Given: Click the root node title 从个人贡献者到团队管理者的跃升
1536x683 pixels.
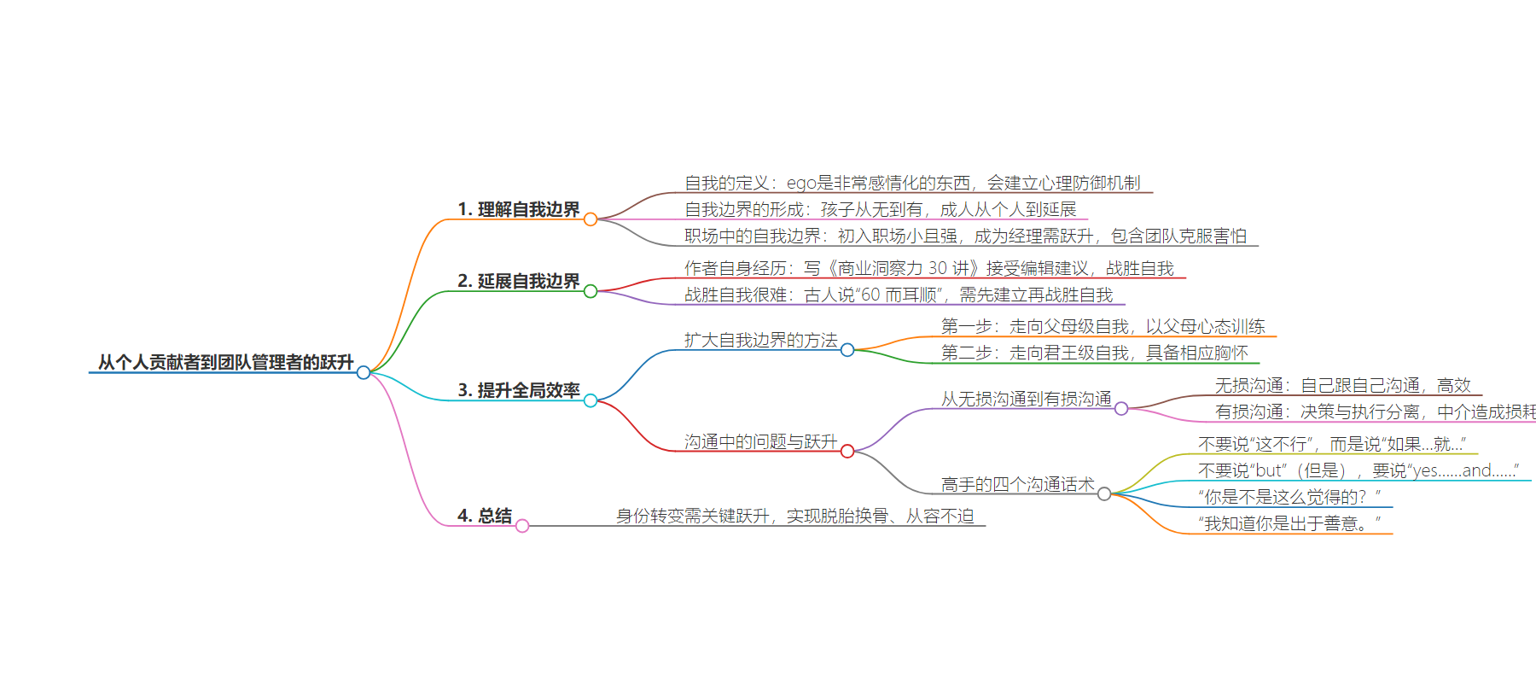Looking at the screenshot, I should click(225, 362).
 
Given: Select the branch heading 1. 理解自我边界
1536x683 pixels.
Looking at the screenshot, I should click(518, 209).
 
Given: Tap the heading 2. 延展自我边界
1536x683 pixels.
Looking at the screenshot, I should click(518, 281).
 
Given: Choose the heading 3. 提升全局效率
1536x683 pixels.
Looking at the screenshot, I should click(518, 390).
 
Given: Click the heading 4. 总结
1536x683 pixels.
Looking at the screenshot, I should click(484, 516).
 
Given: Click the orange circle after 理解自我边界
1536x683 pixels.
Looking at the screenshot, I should click(591, 219).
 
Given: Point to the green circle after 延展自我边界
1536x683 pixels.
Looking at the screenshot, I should click(591, 291).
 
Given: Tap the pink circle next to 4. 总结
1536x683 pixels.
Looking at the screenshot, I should click(522, 526).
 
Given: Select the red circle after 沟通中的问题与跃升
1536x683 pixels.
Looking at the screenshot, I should click(847, 452).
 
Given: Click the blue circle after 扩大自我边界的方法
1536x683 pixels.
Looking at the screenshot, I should click(847, 350).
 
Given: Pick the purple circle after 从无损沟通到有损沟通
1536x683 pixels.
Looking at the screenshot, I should click(1121, 409).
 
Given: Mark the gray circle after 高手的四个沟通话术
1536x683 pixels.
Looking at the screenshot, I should click(1104, 494).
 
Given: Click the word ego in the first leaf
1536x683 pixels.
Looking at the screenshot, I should click(801, 183).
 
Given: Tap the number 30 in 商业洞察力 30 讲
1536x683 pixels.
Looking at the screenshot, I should click(937, 268).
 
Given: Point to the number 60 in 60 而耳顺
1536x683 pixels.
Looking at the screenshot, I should click(870, 295).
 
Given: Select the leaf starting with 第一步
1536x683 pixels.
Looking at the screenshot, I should click(1103, 326).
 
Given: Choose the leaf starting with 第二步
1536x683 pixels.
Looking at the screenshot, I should click(1094, 353).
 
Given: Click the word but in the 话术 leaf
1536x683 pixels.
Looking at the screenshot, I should click(1269, 470).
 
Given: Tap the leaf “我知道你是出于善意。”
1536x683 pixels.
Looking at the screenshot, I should click(1289, 523).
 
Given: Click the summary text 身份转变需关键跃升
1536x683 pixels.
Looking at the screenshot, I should click(692, 516).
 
